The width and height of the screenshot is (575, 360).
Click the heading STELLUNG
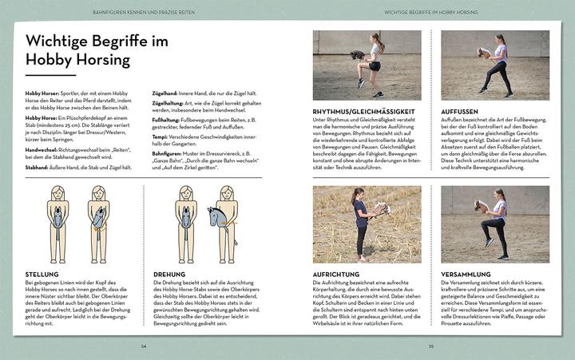coord(41,274)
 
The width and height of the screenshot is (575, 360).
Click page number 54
coord(144,346)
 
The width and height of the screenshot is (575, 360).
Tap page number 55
coord(430,346)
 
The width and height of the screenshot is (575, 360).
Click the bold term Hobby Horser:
coord(42,94)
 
